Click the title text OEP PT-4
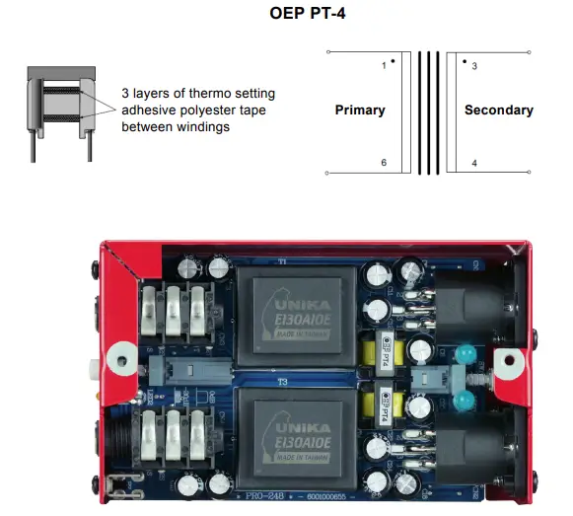point(286,15)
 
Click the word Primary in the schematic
point(360,110)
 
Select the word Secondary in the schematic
point(498,110)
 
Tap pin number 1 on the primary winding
point(383,66)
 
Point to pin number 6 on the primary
point(384,162)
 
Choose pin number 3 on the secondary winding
point(474,66)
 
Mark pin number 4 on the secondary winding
point(474,163)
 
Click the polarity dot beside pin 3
point(464,61)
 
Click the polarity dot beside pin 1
point(393,61)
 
